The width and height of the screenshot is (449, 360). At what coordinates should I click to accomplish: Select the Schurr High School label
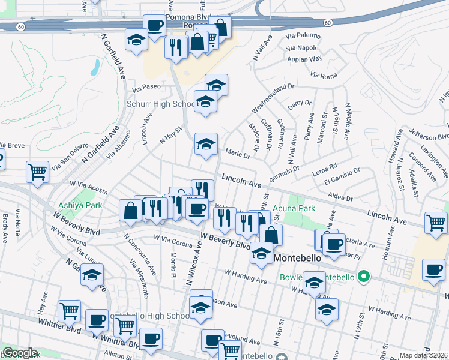tap(159, 104)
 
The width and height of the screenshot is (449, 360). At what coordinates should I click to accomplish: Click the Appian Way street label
tap(305, 59)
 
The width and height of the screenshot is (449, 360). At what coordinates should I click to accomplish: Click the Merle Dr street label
tap(238, 154)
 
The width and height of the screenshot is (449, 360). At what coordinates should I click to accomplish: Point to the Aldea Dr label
tap(340, 196)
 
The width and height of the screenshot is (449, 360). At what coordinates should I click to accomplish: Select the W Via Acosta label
tap(88, 187)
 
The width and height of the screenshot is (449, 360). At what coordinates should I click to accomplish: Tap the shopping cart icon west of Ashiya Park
tap(38, 172)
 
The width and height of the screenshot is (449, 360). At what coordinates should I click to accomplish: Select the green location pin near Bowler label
tap(363, 277)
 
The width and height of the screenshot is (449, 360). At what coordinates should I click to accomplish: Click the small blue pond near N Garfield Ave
tap(95, 67)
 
